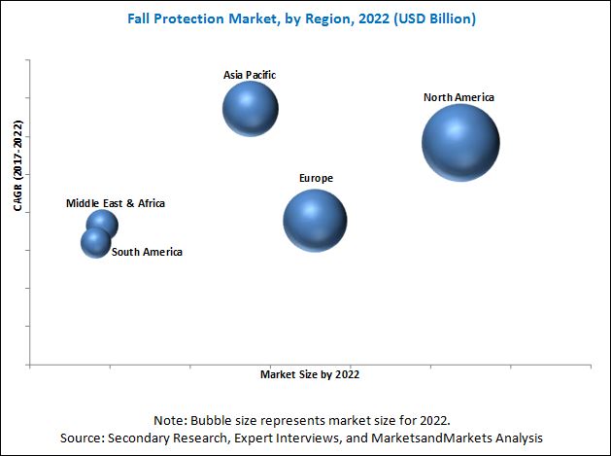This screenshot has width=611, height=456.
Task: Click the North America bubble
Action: (460, 143)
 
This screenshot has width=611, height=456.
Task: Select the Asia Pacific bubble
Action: (251, 108)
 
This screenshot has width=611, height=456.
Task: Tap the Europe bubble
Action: (315, 221)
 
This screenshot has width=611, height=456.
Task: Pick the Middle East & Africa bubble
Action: (101, 225)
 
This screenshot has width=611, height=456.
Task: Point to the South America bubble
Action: (95, 242)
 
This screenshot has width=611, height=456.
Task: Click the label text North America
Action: (458, 97)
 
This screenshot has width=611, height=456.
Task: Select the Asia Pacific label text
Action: (250, 74)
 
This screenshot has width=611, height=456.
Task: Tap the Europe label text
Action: (316, 178)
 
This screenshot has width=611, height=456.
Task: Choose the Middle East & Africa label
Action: (116, 203)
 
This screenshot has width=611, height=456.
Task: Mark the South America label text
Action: (147, 252)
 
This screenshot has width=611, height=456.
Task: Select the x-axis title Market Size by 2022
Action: (317, 373)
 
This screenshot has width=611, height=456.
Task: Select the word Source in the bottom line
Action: (89, 438)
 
